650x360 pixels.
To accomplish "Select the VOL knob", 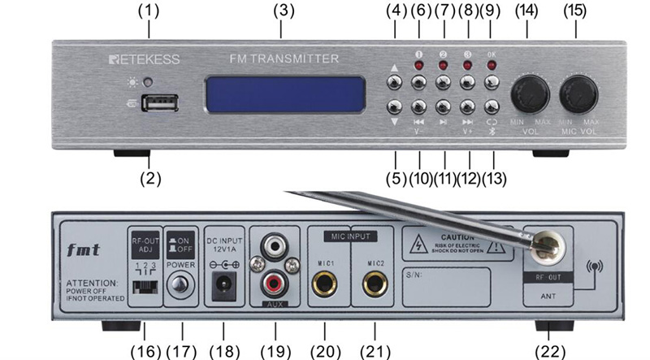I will pyautogui.click(x=530, y=93).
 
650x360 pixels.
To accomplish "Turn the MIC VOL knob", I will pyautogui.click(x=580, y=93).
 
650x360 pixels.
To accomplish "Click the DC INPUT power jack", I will pyautogui.click(x=221, y=284).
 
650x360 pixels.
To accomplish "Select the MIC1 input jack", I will pyautogui.click(x=327, y=284).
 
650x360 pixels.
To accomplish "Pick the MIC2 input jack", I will pyautogui.click(x=376, y=284).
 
